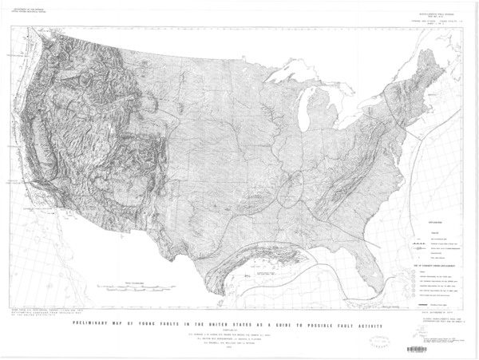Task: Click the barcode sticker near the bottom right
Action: (416, 349)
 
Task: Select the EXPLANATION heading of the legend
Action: (432, 216)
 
